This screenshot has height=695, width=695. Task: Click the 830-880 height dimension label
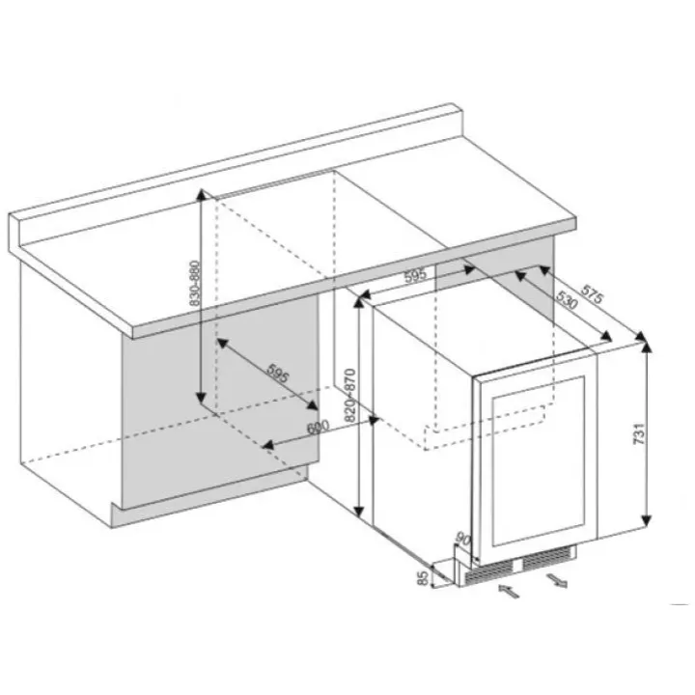click(x=195, y=284)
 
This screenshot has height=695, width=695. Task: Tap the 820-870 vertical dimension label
click(x=350, y=395)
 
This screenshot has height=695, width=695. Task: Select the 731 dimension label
click(x=639, y=434)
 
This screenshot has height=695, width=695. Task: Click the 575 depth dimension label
click(x=593, y=294)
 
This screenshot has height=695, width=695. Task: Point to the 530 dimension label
click(x=567, y=300)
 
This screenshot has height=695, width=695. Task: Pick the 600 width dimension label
click(x=319, y=428)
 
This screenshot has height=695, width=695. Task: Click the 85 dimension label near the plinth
click(x=424, y=577)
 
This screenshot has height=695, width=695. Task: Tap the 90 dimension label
click(x=462, y=540)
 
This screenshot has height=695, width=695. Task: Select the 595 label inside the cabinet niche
click(x=278, y=373)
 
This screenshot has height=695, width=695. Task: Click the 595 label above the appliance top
click(x=416, y=275)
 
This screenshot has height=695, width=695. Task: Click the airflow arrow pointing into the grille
click(x=509, y=591)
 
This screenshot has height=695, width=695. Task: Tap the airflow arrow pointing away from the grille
click(x=557, y=580)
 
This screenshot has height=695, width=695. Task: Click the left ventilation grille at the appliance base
click(x=488, y=571)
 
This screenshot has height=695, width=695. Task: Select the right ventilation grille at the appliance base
click(x=547, y=559)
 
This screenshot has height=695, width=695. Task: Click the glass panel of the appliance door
click(x=538, y=461)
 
